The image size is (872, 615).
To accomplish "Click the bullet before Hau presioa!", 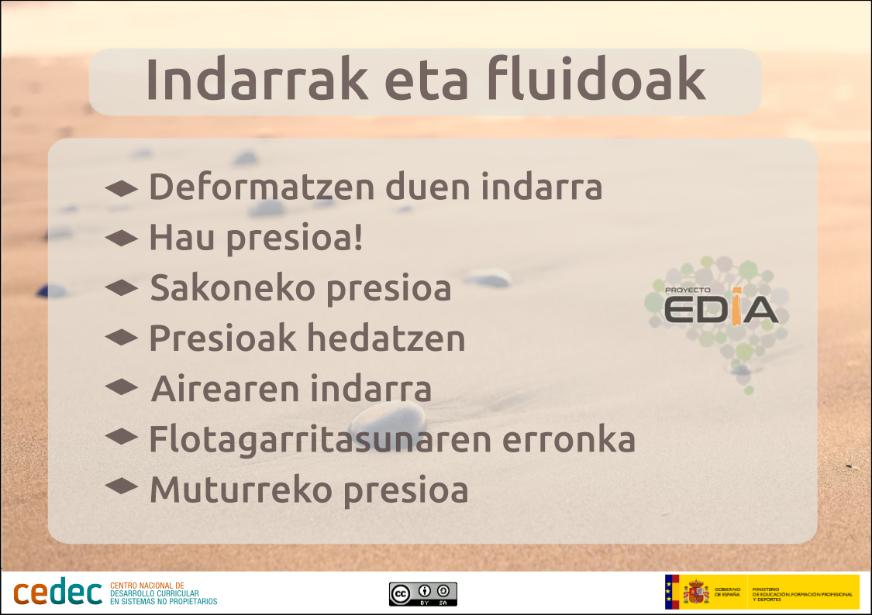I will pyautogui.click(x=121, y=239).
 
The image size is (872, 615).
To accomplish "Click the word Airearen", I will pyautogui.click(x=226, y=388).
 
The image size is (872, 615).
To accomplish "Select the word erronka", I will pyautogui.click(x=569, y=439).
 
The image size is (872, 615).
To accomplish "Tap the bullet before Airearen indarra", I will pyautogui.click(x=121, y=387).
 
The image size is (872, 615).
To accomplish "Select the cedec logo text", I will pyautogui.click(x=58, y=593).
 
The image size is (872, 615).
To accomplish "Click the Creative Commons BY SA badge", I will pyautogui.click(x=423, y=594).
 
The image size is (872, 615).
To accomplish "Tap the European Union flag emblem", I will pyautogui.click(x=672, y=593).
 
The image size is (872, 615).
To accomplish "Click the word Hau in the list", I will pyautogui.click(x=181, y=238).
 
